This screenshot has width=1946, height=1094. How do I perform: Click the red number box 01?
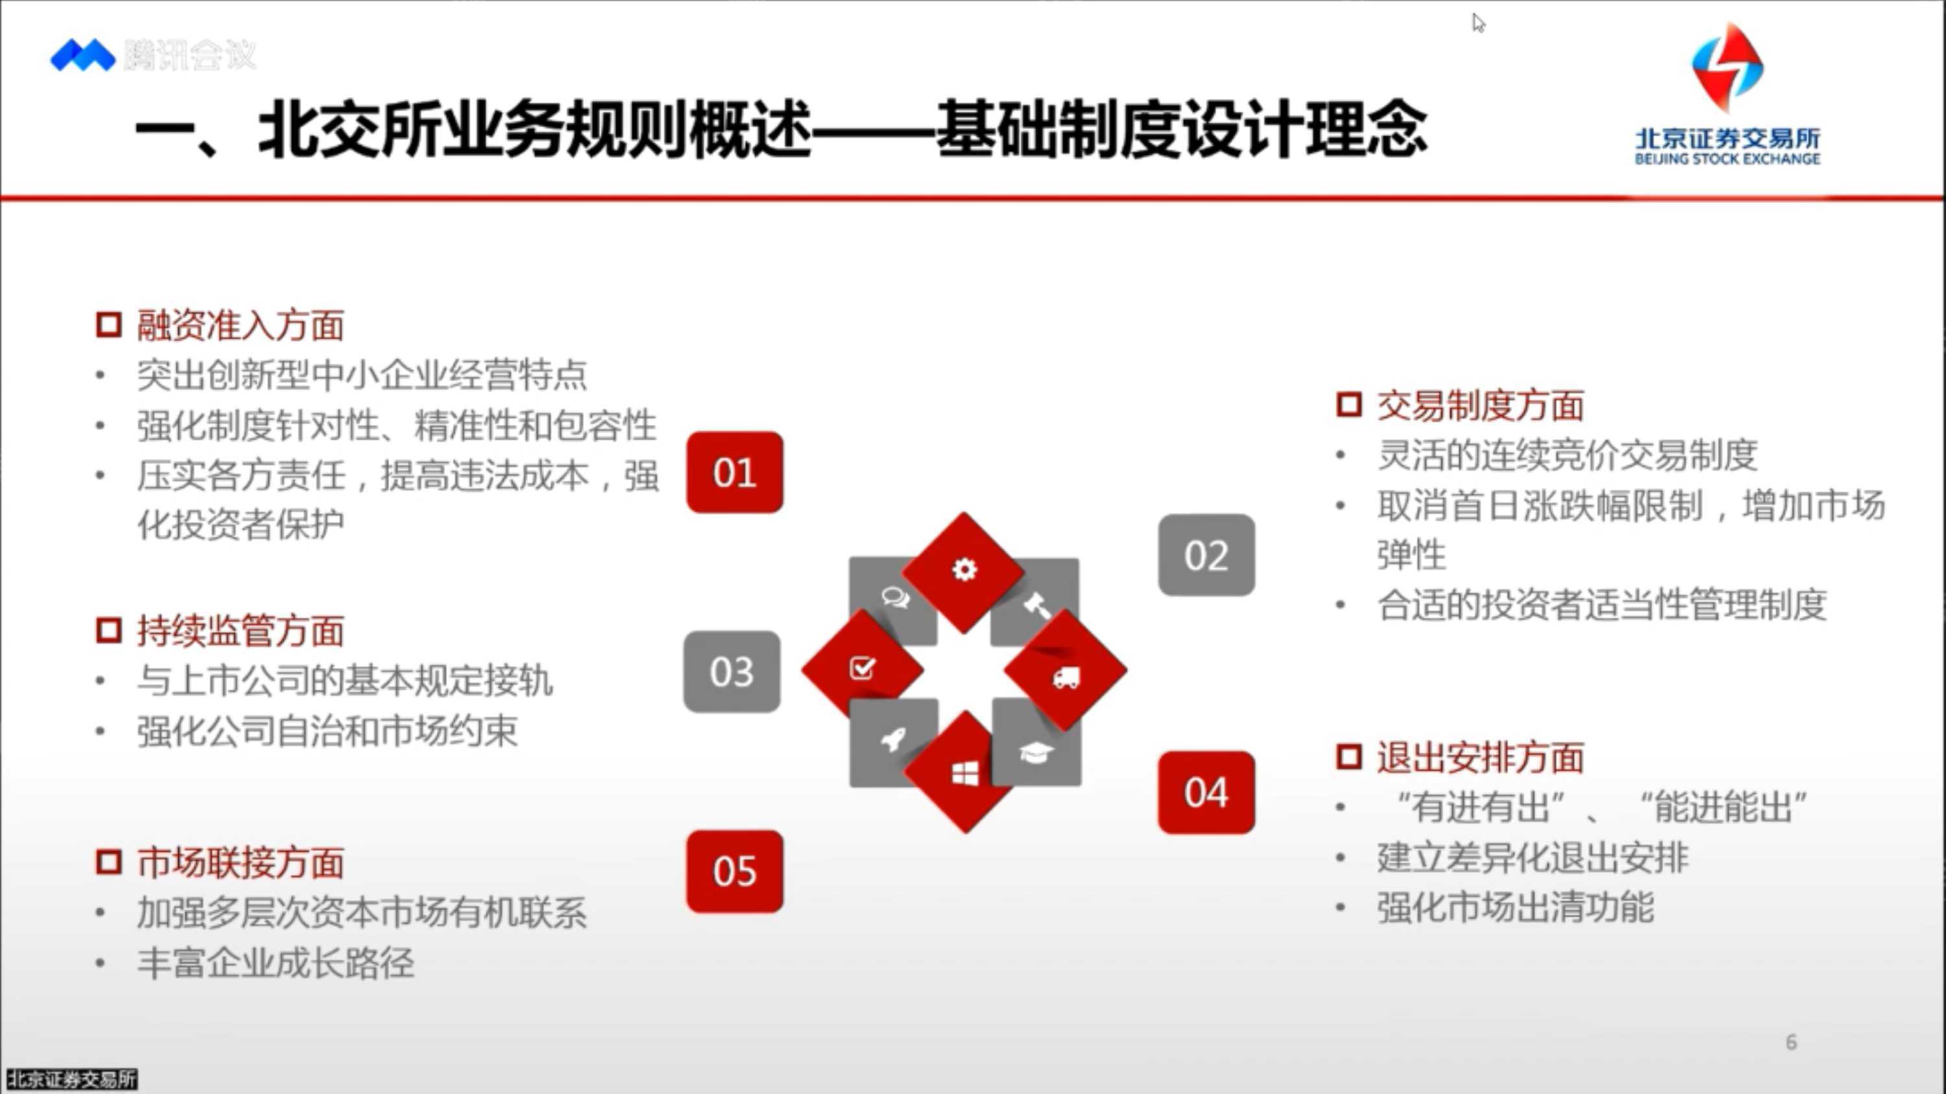(734, 472)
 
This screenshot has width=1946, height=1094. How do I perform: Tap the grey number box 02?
(1207, 555)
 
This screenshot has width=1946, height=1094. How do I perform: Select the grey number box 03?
(732, 671)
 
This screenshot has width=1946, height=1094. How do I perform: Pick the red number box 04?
(1207, 792)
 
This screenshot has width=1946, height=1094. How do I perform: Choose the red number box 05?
(734, 871)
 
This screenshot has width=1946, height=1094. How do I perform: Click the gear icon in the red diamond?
(964, 568)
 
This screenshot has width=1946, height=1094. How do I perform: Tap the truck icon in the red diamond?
(1066, 677)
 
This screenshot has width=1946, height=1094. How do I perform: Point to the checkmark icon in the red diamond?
(862, 668)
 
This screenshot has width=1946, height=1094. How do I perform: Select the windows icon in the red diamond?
(965, 773)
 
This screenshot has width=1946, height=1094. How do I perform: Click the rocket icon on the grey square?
(895, 738)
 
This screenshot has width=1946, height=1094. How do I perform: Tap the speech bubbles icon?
(896, 597)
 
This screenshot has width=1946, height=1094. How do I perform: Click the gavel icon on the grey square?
(1037, 605)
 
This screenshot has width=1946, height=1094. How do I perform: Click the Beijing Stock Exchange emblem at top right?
(1727, 68)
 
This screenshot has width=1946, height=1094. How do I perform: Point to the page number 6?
(1791, 1042)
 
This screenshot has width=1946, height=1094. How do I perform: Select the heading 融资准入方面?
(240, 325)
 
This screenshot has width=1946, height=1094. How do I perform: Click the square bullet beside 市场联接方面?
(109, 861)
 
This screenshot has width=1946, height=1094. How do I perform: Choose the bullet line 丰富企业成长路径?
(275, 962)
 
